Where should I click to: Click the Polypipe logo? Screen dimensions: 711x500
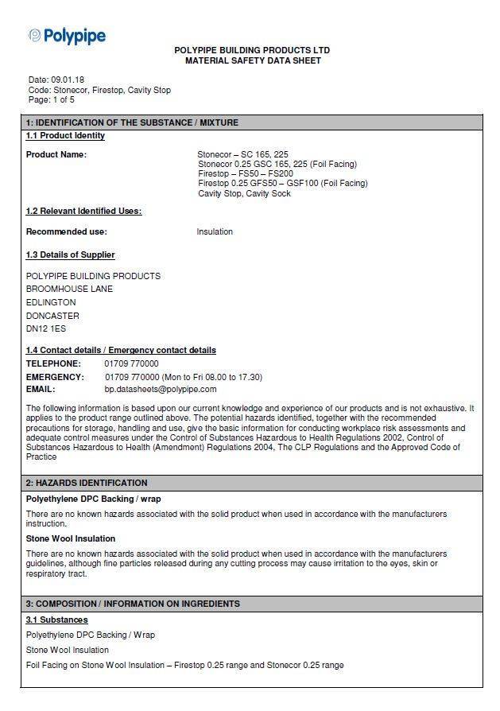point(67,36)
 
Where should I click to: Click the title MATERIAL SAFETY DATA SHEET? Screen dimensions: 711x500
point(253,60)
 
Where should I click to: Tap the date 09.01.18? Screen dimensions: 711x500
point(68,80)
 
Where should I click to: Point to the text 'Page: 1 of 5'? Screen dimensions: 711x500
point(52,100)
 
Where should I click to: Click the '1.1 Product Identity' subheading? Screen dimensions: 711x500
point(65,136)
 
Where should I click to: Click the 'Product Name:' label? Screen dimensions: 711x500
point(56,154)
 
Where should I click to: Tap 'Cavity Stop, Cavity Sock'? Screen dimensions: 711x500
point(244,193)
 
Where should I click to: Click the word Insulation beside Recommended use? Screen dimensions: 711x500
point(215,232)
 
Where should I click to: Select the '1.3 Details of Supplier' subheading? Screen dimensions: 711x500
point(70,254)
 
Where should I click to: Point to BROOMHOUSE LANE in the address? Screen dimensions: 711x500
point(69,289)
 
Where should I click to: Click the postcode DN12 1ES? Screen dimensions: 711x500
point(46,328)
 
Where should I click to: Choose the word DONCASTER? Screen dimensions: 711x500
point(52,316)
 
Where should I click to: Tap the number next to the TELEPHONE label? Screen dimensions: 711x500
point(131,363)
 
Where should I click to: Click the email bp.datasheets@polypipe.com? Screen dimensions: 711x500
point(161,390)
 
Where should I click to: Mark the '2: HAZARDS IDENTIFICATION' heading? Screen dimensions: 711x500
point(87,483)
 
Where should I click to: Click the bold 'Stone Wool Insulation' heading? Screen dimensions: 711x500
point(70,539)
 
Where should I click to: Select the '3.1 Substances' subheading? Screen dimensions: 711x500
point(56,620)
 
